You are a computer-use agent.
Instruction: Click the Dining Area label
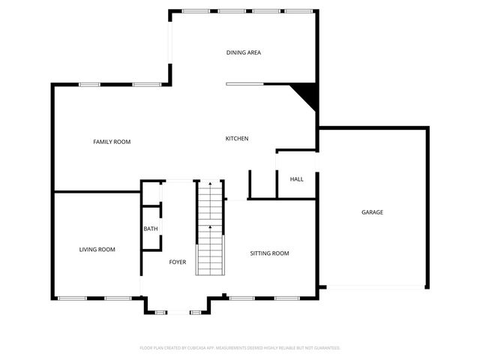point(243,52)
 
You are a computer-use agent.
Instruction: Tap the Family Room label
point(112,142)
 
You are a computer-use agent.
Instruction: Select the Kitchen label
point(237,139)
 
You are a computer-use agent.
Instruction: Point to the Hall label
point(296,179)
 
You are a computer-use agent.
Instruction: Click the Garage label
point(372,212)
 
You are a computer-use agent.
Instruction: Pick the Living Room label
point(97,249)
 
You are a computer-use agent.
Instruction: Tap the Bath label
point(151,229)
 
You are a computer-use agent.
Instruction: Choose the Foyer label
point(177,262)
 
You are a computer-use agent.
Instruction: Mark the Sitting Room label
point(269,253)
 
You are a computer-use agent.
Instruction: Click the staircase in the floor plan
point(210,232)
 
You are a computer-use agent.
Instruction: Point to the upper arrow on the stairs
point(210,184)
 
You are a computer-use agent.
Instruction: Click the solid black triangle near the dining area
point(307,94)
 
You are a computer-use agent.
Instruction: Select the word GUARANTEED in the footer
point(324,348)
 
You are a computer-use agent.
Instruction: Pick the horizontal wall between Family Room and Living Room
point(97,192)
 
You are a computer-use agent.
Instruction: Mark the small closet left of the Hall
point(262,184)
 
